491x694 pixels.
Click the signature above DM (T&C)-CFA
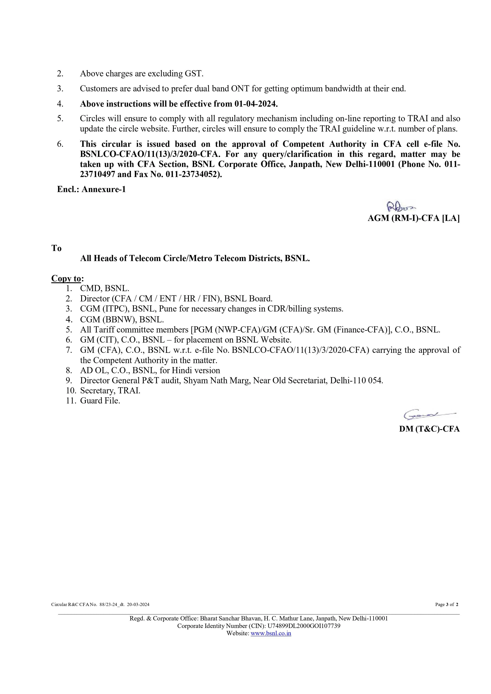(x=429, y=415)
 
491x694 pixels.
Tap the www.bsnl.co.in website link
(x=271, y=633)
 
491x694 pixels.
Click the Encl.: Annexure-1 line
(x=91, y=189)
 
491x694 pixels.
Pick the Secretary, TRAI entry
(x=110, y=391)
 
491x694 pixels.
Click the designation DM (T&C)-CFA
(x=429, y=429)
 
